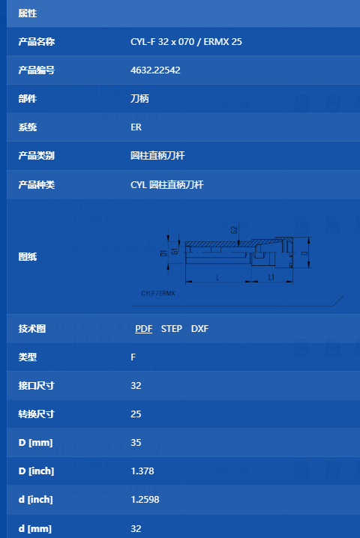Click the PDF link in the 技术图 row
(x=143, y=329)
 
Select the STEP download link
(x=172, y=329)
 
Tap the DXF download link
(x=199, y=329)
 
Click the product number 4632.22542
(x=155, y=70)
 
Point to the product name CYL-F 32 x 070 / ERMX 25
(x=186, y=42)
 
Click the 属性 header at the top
(x=28, y=13)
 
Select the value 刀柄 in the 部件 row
(x=139, y=99)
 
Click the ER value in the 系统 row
(x=136, y=127)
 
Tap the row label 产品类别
(x=37, y=156)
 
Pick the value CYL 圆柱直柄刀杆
(x=167, y=185)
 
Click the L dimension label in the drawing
(x=217, y=277)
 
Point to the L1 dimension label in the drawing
(x=271, y=277)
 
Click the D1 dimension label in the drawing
(x=163, y=253)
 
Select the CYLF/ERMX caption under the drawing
(x=158, y=294)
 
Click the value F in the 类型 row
(x=133, y=357)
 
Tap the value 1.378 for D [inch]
(x=142, y=471)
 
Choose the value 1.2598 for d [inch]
(x=145, y=500)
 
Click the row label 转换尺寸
(x=37, y=414)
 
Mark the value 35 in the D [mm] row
(x=136, y=443)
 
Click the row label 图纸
(x=28, y=257)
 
